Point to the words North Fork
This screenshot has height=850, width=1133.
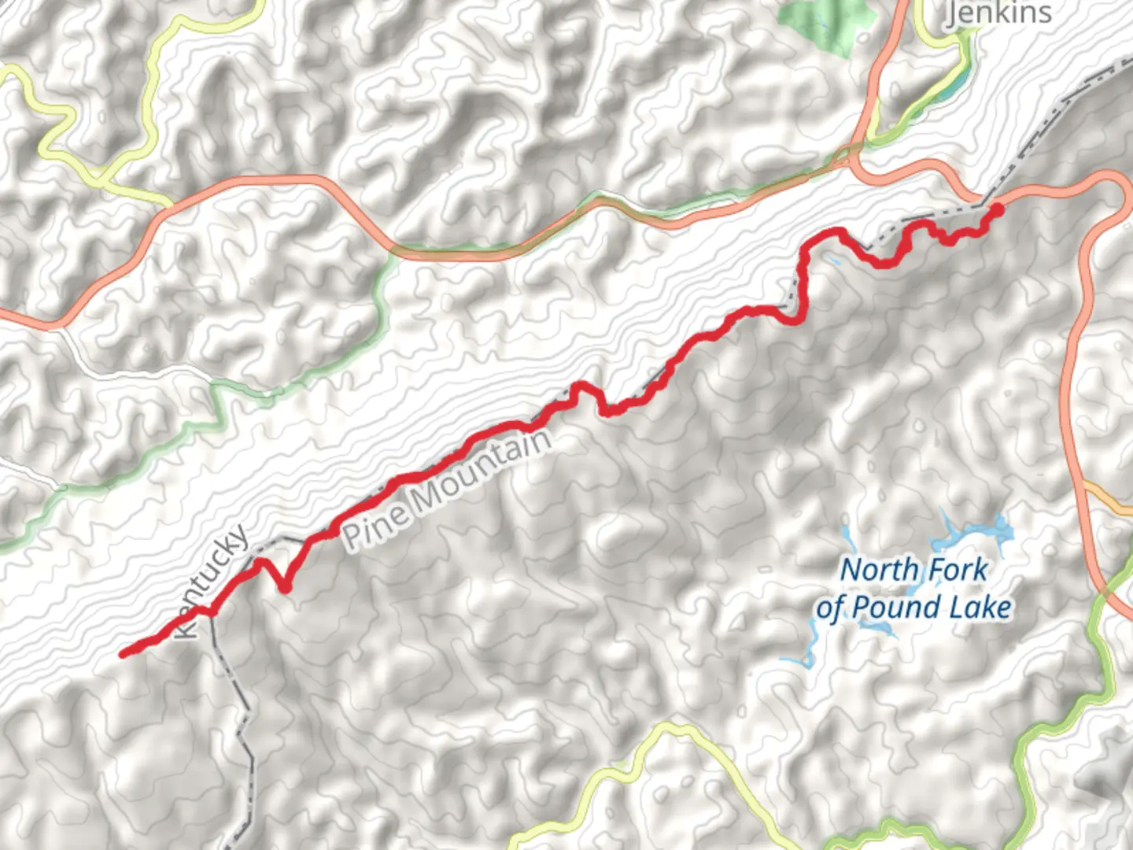[913, 570]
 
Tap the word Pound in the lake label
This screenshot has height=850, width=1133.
[897, 608]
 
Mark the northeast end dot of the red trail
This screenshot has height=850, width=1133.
[995, 209]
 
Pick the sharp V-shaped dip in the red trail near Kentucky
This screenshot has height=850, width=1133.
[284, 586]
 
